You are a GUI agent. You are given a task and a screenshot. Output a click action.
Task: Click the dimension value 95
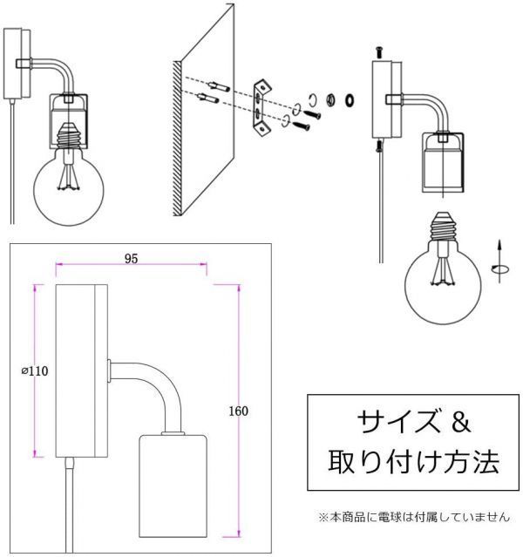tap(131, 259)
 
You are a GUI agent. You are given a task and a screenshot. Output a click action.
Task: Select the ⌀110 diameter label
tap(34, 370)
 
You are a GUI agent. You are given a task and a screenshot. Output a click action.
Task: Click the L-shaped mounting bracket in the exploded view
tap(261, 107)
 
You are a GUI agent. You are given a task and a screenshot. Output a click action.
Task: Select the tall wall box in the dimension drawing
tap(81, 370)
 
